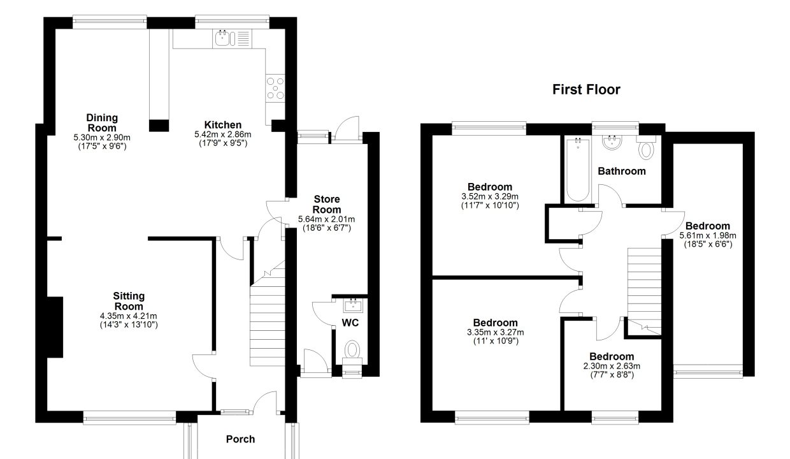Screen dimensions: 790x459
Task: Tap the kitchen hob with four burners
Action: [275, 88]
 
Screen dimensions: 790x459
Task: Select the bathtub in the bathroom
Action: [578, 170]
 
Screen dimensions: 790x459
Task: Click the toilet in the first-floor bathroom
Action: [646, 147]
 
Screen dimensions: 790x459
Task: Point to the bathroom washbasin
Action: [612, 143]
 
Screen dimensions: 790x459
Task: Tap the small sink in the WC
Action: [353, 305]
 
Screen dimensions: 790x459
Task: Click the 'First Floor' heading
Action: [586, 90]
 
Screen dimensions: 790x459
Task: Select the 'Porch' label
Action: [240, 439]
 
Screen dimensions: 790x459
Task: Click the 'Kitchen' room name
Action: [223, 125]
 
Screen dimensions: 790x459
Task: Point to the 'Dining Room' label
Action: [102, 123]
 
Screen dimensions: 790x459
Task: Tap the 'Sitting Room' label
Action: [129, 301]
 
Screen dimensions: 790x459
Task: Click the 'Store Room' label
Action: [327, 204]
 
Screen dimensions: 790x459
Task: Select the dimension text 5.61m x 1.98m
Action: [708, 235]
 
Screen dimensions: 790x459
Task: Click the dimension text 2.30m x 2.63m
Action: [612, 366]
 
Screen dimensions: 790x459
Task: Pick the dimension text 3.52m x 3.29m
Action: [490, 196]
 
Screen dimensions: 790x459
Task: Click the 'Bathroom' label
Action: [622, 171]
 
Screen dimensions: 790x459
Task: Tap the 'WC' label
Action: [350, 323]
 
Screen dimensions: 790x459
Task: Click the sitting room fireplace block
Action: [55, 327]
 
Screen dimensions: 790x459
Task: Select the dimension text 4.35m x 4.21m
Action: [129, 316]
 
